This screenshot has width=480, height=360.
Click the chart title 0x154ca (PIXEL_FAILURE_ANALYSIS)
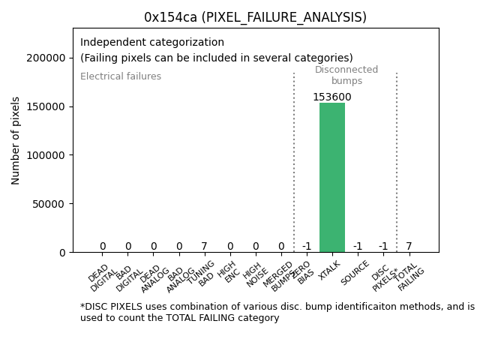[255, 16]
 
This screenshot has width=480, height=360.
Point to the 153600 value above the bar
[331, 97]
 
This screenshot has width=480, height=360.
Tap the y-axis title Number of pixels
[16, 140]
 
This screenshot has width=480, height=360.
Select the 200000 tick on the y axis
[46, 58]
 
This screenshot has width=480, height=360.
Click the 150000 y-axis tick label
[46, 106]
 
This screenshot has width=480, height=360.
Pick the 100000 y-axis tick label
[46, 155]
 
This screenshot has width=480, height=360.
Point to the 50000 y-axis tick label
[49, 203]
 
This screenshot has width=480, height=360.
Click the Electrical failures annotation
[121, 76]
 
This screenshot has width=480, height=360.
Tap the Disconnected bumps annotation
[346, 75]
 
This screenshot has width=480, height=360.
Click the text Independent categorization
[152, 43]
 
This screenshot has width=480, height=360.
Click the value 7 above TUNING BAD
[204, 246]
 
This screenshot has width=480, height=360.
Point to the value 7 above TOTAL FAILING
[409, 246]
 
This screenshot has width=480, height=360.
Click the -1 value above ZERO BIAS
[306, 246]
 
